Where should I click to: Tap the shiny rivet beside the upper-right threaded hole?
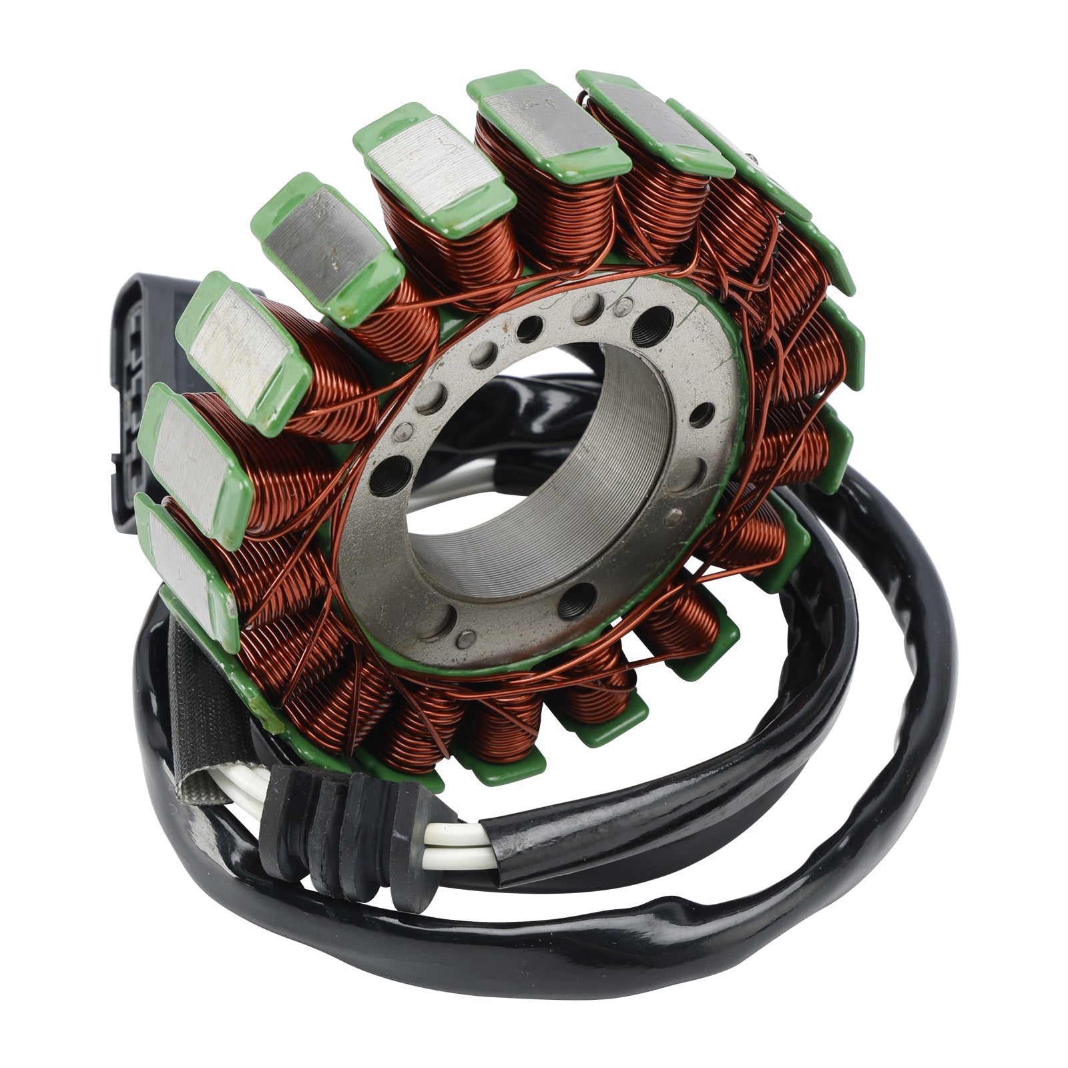[623, 308]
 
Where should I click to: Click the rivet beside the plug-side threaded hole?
[403, 434]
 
